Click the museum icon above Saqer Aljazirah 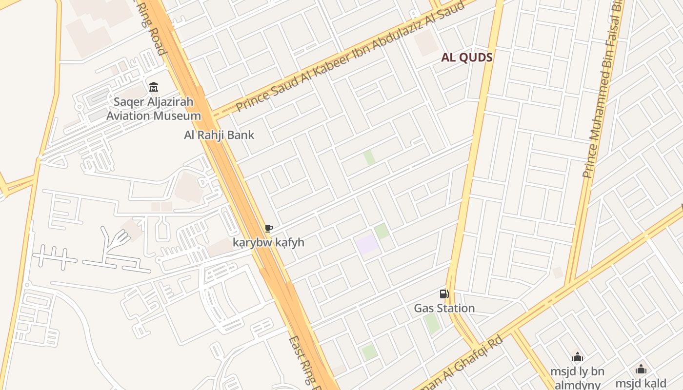coord(154,87)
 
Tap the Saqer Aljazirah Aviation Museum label coord(154,109)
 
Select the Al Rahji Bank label coord(219,135)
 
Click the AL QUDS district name coord(467,58)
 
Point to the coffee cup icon coord(268,228)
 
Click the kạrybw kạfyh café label coord(268,242)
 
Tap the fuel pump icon coord(444,293)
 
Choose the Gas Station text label coord(444,308)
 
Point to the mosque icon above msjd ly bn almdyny coord(578,357)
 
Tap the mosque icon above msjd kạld coord(641,369)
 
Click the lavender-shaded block coord(367,244)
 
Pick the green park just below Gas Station coord(431,324)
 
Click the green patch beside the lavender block coord(382,231)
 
